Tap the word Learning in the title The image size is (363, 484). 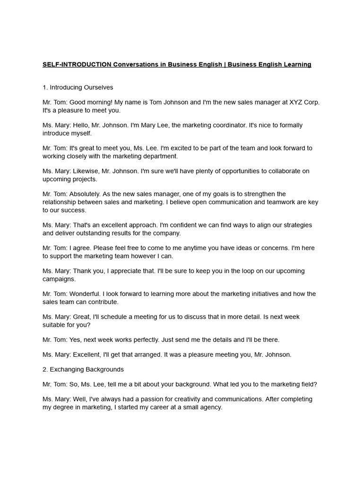point(296,64)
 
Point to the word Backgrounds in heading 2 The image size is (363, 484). point(107,369)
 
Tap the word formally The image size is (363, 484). point(289,125)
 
